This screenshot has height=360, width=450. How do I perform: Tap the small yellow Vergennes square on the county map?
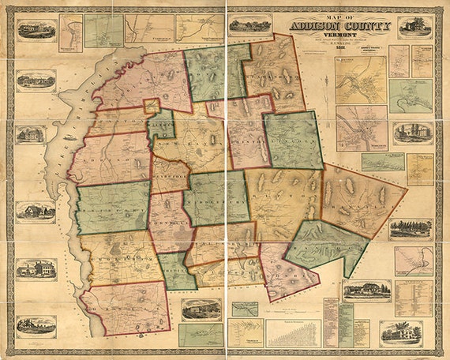(152, 106)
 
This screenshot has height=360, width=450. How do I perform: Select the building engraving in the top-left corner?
(36, 31)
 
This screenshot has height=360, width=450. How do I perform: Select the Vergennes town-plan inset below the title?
(360, 78)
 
